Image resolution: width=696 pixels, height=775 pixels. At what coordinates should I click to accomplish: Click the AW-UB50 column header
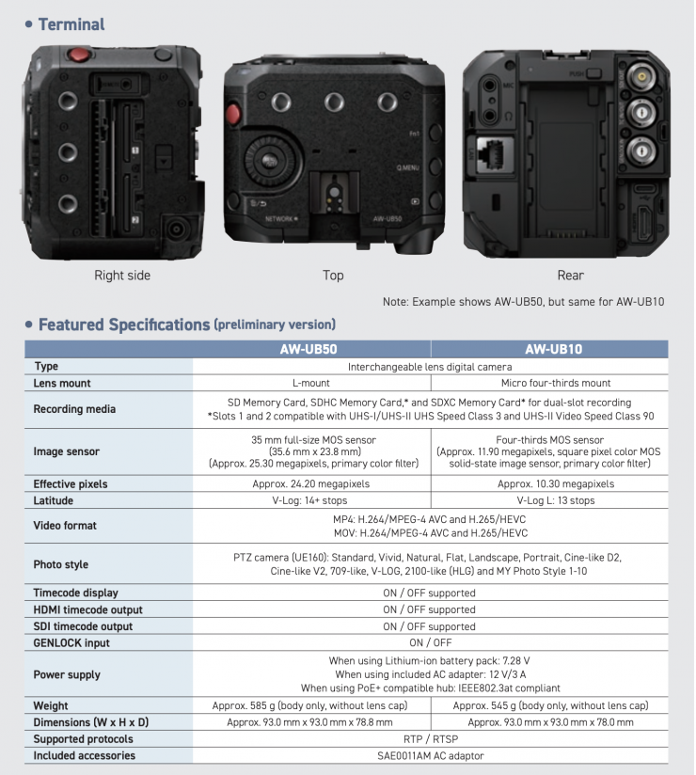(x=308, y=349)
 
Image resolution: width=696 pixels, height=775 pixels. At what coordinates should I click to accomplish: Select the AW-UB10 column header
(x=554, y=349)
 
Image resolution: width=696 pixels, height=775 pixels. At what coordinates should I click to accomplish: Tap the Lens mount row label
(x=62, y=383)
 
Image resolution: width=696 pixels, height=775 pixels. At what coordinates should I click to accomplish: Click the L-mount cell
(x=311, y=383)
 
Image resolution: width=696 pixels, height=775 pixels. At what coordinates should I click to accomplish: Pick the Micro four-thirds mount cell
(x=556, y=383)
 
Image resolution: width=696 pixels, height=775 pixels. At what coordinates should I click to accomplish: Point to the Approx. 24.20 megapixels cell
(x=311, y=483)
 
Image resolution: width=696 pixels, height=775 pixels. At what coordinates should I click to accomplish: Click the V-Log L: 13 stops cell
(x=556, y=500)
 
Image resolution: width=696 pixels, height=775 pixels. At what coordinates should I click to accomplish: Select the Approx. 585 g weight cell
(x=310, y=705)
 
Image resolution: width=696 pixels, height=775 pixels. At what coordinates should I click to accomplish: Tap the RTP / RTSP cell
(x=431, y=739)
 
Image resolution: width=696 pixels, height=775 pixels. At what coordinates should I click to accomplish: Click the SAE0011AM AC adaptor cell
(x=431, y=756)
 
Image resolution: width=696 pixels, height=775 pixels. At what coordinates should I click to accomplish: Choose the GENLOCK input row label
(x=71, y=643)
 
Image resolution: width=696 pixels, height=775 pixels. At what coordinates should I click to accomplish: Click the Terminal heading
(x=71, y=24)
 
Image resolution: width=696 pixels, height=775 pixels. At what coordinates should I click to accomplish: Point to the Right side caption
(x=122, y=276)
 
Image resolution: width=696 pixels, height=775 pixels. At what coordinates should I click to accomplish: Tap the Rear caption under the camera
(x=571, y=276)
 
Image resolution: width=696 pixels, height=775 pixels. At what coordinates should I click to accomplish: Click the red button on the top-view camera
(x=233, y=114)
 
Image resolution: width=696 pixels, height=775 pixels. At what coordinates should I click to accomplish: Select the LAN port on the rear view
(x=496, y=153)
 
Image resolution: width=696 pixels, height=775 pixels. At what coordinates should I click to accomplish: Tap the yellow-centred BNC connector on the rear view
(x=641, y=76)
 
